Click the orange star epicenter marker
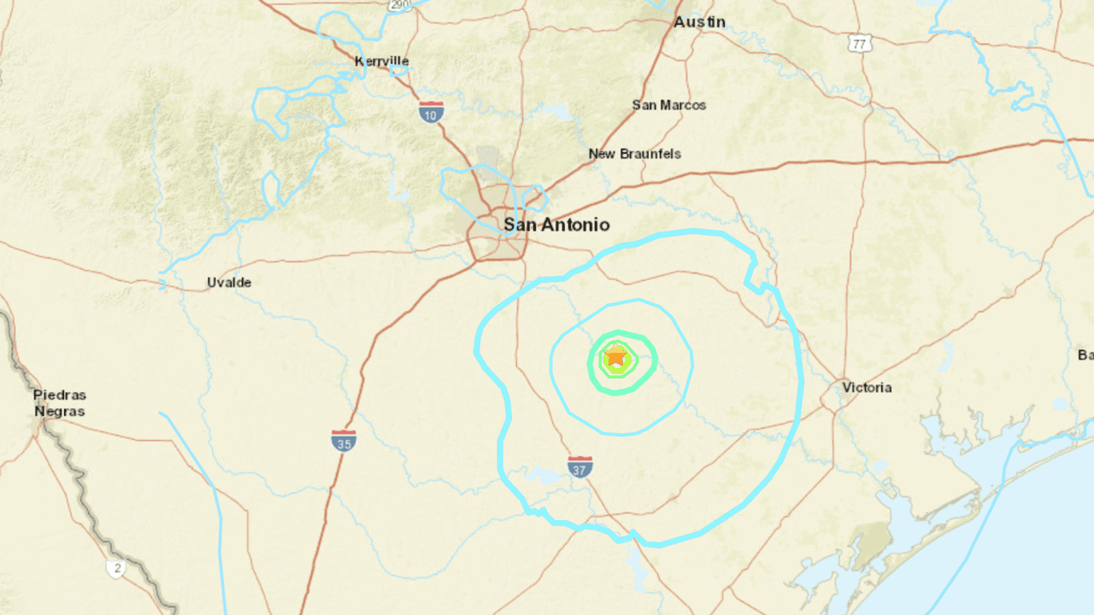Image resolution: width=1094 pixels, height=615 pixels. click(x=615, y=356)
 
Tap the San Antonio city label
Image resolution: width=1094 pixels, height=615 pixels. click(x=556, y=225)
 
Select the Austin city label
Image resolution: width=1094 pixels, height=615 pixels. click(x=699, y=22)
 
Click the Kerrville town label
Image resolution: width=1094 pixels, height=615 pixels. click(x=382, y=61)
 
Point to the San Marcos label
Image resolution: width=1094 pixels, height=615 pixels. click(x=669, y=105)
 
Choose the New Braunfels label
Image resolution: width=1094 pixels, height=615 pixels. click(x=635, y=154)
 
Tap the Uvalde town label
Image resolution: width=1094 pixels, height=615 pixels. click(x=229, y=282)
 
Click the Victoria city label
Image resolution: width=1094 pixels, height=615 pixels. click(x=867, y=388)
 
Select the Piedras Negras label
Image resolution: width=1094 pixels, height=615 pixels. click(x=60, y=403)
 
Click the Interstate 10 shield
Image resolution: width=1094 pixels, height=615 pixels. click(x=431, y=111)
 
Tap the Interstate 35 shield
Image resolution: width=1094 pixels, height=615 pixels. click(x=344, y=440)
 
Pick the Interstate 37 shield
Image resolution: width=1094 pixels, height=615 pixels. click(x=580, y=466)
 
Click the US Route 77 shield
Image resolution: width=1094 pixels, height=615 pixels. click(x=860, y=43)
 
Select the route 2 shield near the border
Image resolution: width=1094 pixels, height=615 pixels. click(x=115, y=567)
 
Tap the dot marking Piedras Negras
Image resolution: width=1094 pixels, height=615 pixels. click(x=40, y=423)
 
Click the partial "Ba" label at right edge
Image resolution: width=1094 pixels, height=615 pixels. click(x=1085, y=354)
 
